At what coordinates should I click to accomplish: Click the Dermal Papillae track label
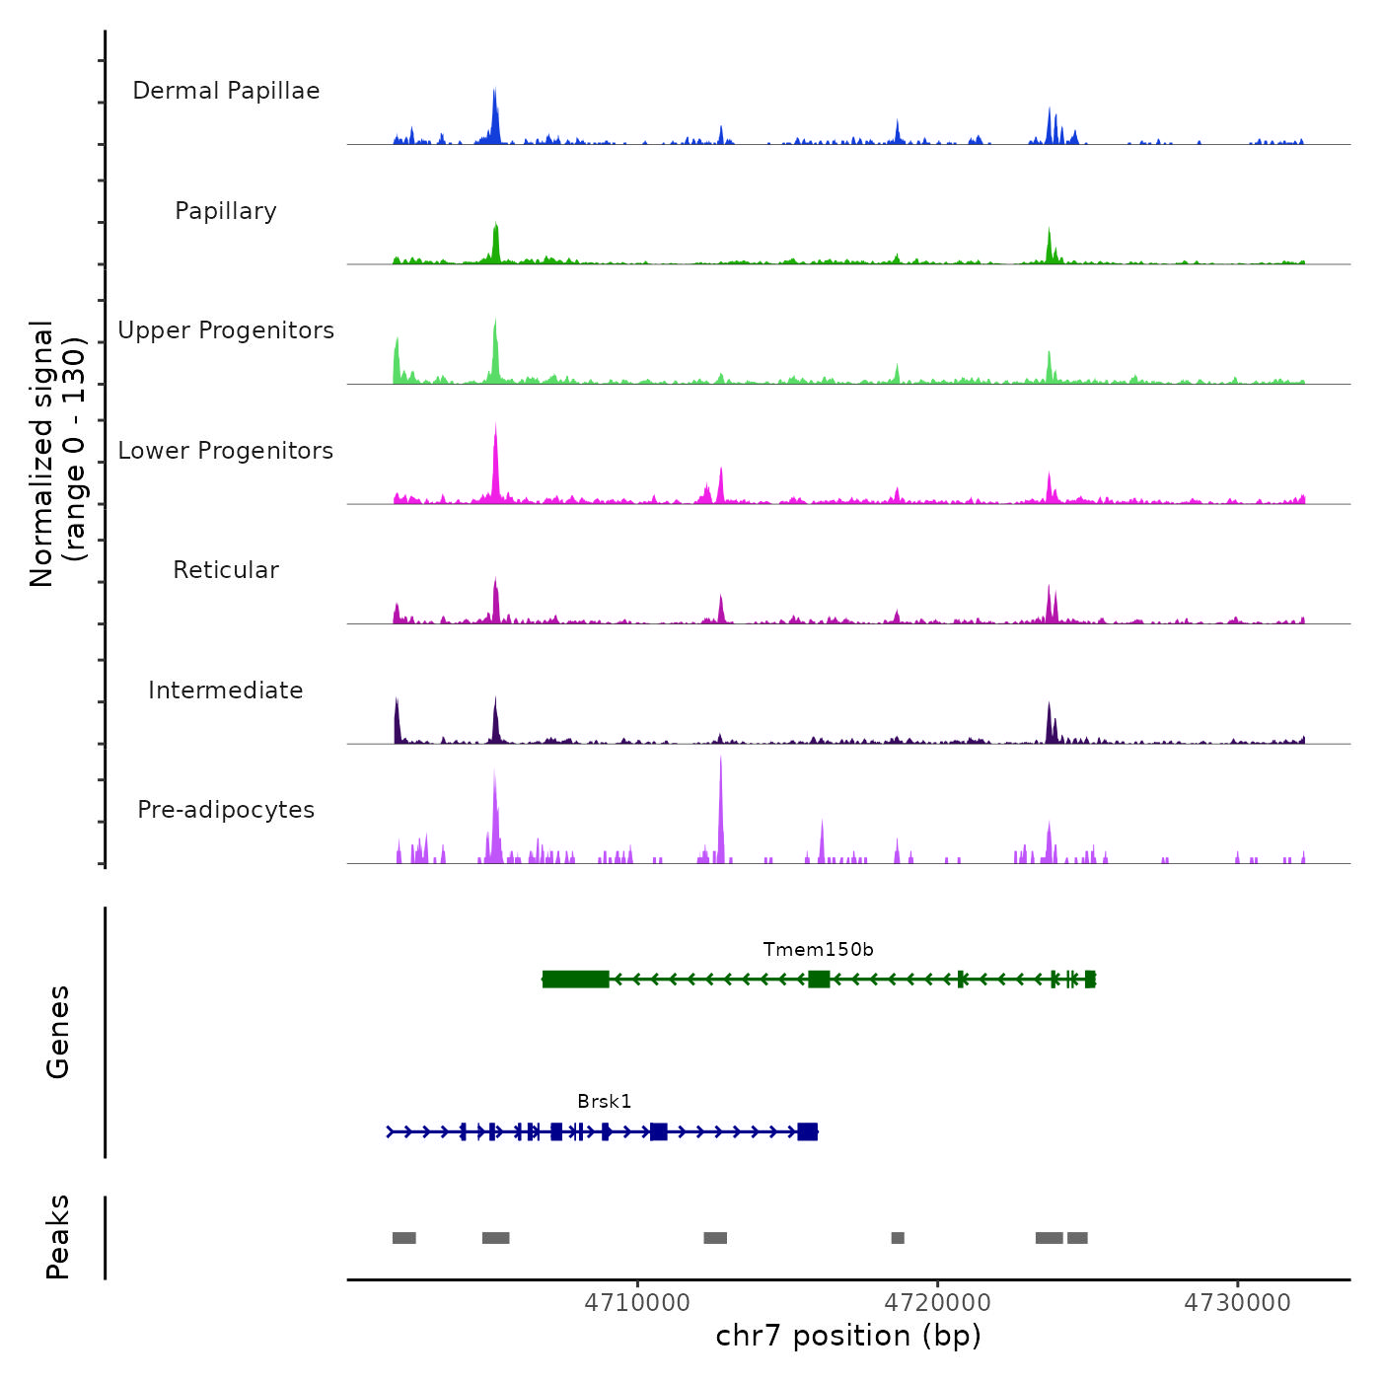click(226, 91)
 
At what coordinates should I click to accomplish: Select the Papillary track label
click(226, 211)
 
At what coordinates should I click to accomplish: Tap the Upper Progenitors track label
click(226, 330)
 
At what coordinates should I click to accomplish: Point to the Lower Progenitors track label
click(226, 451)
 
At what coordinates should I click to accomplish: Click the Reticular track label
click(226, 570)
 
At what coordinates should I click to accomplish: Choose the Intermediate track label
click(226, 690)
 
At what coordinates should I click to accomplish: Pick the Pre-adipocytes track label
click(226, 810)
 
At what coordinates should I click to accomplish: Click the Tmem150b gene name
click(818, 950)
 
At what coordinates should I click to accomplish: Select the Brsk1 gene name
click(604, 1102)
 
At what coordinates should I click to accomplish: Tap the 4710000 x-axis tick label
click(637, 1303)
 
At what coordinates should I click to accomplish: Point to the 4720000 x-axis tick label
click(938, 1303)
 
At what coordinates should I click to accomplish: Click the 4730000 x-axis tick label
click(1238, 1303)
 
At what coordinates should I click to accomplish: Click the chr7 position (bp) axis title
click(848, 1336)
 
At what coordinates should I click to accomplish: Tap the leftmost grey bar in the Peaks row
click(403, 1238)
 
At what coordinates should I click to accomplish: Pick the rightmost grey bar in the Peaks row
click(1077, 1238)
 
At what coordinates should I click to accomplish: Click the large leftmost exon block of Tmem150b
click(575, 980)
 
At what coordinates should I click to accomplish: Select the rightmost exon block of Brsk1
click(807, 1131)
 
